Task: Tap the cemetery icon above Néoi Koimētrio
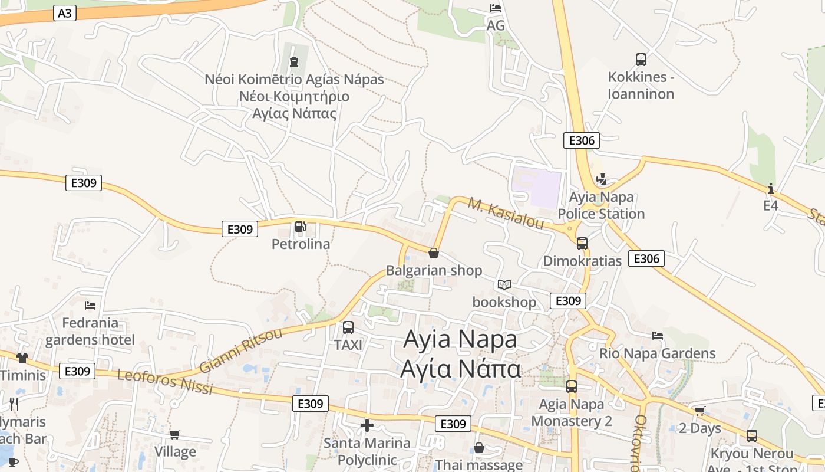pos(293,61)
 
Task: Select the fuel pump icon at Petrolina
pos(300,227)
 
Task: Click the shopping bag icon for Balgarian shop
pos(434,253)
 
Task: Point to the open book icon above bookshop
pos(504,285)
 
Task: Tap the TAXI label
pos(348,345)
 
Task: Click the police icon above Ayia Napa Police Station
pos(601,179)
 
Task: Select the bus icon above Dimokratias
pos(582,243)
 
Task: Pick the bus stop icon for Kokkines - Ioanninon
pos(641,59)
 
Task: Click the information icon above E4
pos(771,188)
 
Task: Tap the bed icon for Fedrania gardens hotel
pos(90,305)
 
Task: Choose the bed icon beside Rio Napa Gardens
pos(658,336)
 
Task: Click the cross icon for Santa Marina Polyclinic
pos(367,425)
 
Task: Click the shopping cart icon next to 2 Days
pos(699,411)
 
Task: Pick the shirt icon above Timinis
pos(22,358)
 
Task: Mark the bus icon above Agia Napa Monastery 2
pos(572,386)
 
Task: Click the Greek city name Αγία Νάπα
pos(460,369)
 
